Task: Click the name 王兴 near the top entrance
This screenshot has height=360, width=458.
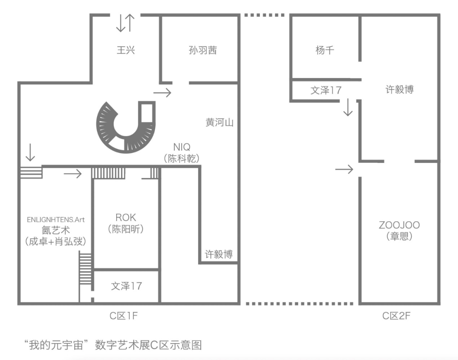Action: pos(126,50)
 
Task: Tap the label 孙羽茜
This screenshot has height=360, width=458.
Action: pos(203,50)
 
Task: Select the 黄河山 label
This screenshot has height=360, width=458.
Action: pos(220,123)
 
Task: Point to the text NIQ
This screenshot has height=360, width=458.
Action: pos(182,147)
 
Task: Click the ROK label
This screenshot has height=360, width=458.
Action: pos(126,218)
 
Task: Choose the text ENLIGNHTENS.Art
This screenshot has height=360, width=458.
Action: pos(56,220)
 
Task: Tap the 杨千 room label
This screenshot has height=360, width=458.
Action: pos(325,50)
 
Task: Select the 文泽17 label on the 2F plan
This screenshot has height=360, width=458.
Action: pos(326,90)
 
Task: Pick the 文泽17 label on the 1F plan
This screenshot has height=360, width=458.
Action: pos(126,286)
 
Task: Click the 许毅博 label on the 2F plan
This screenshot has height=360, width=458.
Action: pos(399,89)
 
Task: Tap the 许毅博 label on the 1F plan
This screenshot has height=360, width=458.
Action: pos(219,254)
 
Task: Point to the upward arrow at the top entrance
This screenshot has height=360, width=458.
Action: pos(130,23)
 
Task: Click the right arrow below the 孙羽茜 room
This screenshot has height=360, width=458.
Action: pos(162,92)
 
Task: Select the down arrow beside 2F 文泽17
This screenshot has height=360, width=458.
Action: pos(348,108)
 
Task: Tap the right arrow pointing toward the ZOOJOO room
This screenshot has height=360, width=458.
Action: pos(344,169)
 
